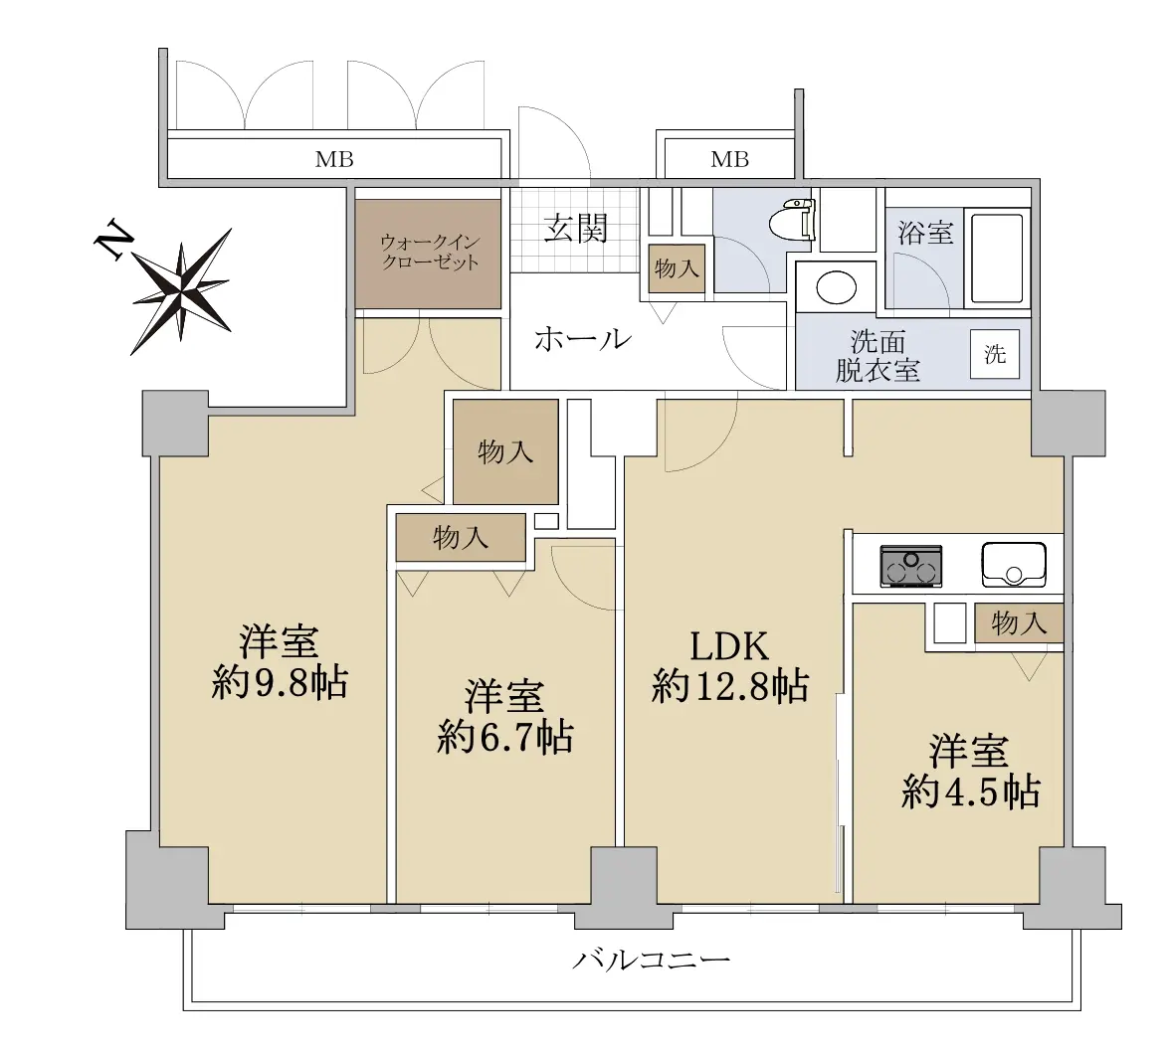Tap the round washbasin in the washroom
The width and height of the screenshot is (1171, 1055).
coord(836,286)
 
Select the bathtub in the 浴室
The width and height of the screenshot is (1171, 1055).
coord(997,259)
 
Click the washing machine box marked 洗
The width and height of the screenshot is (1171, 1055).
coord(995,354)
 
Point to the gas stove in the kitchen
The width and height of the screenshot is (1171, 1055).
coord(911,566)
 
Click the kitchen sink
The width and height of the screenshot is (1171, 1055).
coord(1014,565)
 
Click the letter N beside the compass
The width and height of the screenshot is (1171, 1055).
coord(112,239)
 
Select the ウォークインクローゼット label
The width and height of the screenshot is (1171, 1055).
coord(430,253)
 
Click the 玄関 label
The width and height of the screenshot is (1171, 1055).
coord(575,229)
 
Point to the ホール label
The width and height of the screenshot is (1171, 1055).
coord(582,340)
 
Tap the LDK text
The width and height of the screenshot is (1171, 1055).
coord(729,646)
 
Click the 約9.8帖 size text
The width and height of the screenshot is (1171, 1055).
coord(280,682)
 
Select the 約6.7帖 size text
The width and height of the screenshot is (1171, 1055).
coord(504,737)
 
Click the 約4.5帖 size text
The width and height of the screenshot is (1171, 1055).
coord(970,791)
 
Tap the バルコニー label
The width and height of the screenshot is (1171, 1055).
coord(651,960)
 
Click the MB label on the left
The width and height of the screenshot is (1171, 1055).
coord(334,159)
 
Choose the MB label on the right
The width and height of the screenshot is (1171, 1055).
coord(729,159)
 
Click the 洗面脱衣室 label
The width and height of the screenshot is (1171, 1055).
coord(878,356)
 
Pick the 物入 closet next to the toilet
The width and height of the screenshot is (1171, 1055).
coord(677,268)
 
